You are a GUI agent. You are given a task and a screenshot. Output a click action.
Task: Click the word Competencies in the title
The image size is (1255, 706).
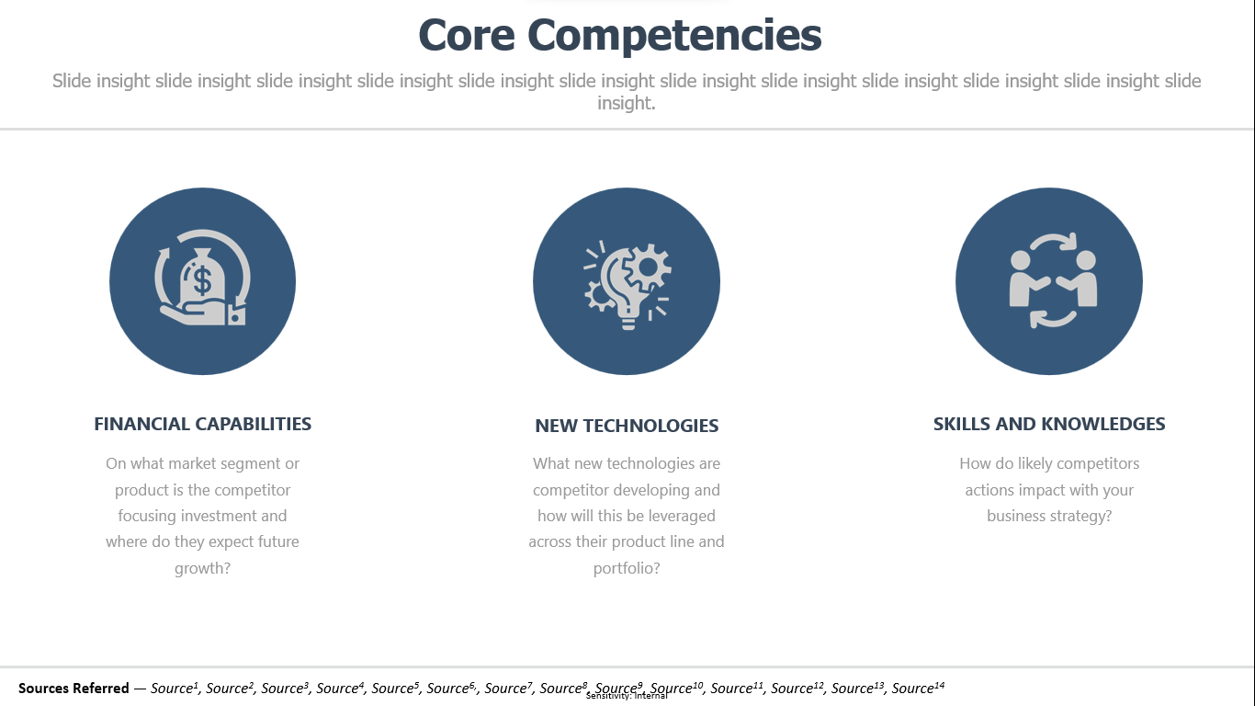(x=674, y=36)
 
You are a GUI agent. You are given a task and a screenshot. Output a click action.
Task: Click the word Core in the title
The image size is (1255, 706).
(x=466, y=35)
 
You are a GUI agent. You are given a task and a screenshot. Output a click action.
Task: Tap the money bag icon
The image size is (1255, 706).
(x=202, y=278)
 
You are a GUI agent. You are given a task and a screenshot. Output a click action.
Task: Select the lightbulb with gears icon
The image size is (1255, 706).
(x=627, y=285)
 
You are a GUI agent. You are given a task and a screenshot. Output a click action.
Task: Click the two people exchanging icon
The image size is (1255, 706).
(x=1053, y=279)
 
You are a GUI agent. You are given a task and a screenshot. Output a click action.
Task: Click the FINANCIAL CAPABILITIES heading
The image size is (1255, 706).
(x=202, y=424)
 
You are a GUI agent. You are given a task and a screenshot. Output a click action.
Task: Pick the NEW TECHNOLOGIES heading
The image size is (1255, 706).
(x=627, y=426)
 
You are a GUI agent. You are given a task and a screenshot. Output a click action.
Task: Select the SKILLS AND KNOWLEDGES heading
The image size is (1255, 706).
(x=1049, y=424)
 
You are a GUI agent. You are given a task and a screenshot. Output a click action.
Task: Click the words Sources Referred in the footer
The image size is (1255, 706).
(x=73, y=688)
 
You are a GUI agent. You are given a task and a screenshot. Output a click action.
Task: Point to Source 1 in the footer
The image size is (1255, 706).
(x=175, y=688)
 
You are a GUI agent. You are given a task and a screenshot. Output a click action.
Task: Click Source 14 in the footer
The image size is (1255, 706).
(x=918, y=688)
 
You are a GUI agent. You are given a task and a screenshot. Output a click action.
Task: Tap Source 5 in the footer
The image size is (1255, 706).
(x=395, y=688)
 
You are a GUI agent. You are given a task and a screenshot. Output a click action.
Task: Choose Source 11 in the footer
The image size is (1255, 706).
(x=737, y=688)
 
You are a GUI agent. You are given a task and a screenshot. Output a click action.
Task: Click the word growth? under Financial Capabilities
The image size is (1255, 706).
(x=202, y=569)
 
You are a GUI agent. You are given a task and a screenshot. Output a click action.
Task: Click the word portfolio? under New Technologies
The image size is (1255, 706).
(x=627, y=569)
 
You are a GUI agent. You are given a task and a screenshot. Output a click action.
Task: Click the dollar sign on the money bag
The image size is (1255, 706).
(x=202, y=279)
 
